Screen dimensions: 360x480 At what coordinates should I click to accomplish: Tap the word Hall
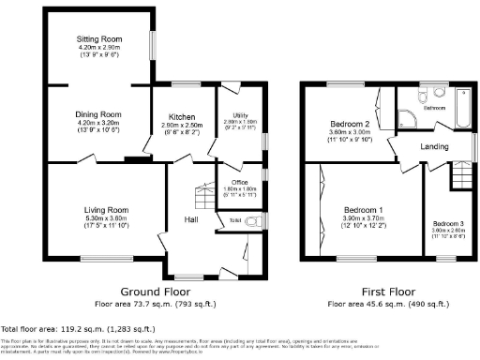pos(190,219)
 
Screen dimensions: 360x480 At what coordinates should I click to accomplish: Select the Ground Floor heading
pos(153,292)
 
